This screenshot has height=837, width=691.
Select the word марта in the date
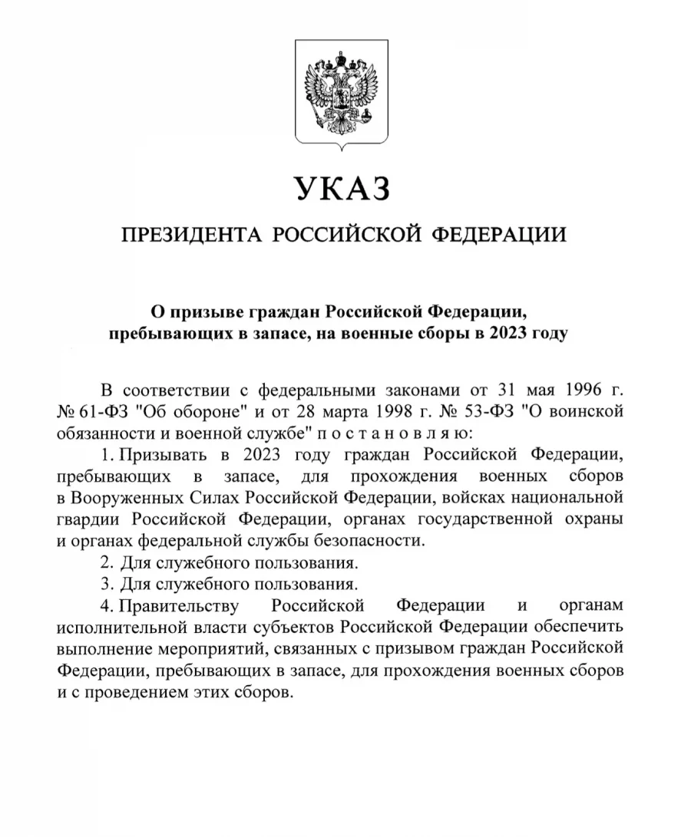323,409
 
